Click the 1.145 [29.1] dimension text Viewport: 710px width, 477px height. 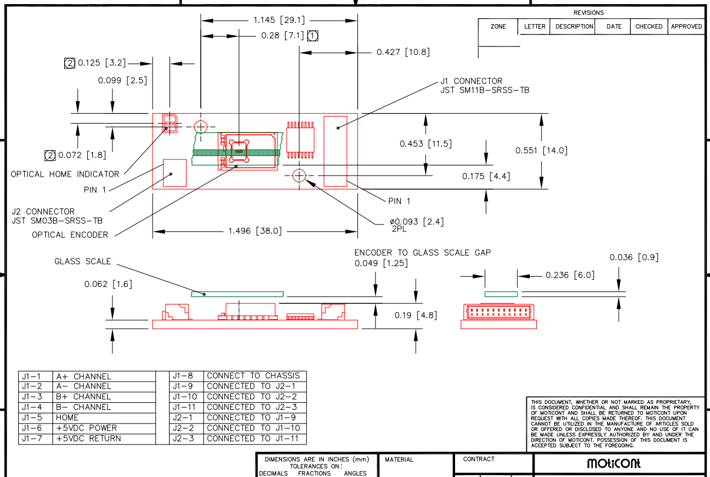[x=279, y=20]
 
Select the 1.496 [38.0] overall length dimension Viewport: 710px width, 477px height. [x=255, y=231]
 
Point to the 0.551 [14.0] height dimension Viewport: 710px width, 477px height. [x=542, y=150]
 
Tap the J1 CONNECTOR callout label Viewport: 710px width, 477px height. [x=472, y=81]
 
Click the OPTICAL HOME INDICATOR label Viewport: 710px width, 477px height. [x=65, y=174]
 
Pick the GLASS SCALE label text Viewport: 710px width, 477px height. [x=83, y=261]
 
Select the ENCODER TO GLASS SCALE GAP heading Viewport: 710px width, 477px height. [x=423, y=253]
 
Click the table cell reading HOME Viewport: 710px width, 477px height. [x=67, y=418]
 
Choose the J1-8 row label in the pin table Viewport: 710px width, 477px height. [x=183, y=376]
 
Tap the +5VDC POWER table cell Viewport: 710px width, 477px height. [x=87, y=428]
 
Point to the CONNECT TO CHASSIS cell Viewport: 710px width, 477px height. [x=253, y=376]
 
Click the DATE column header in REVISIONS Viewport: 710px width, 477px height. [x=614, y=26]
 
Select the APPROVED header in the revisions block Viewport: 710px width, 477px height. [x=686, y=26]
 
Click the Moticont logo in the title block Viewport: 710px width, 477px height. [x=613, y=463]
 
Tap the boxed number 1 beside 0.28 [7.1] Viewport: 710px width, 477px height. [x=313, y=36]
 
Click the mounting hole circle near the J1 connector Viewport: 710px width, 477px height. [x=299, y=175]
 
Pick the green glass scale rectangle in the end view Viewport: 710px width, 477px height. [x=501, y=294]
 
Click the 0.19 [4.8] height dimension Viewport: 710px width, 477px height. [x=416, y=315]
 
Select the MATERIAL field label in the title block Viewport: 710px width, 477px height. [x=399, y=459]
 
